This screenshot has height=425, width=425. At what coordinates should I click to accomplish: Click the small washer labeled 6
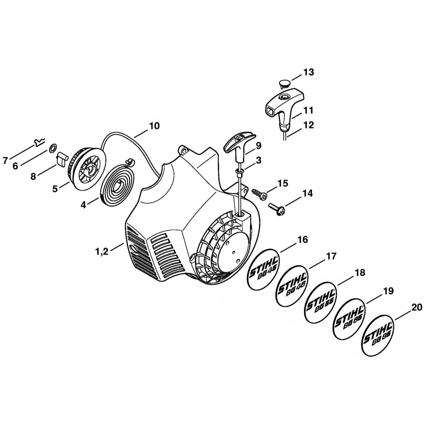click(52, 147)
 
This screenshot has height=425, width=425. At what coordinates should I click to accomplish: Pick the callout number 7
click(6, 160)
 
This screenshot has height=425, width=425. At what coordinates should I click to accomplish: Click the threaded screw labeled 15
click(259, 193)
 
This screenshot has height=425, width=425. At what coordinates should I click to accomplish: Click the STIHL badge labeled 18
click(321, 300)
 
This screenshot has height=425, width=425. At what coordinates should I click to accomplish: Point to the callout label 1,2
click(102, 251)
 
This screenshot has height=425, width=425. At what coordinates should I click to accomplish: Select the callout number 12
click(309, 126)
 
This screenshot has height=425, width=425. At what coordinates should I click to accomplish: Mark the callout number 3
click(258, 161)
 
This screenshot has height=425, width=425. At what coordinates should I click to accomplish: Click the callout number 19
click(388, 291)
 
